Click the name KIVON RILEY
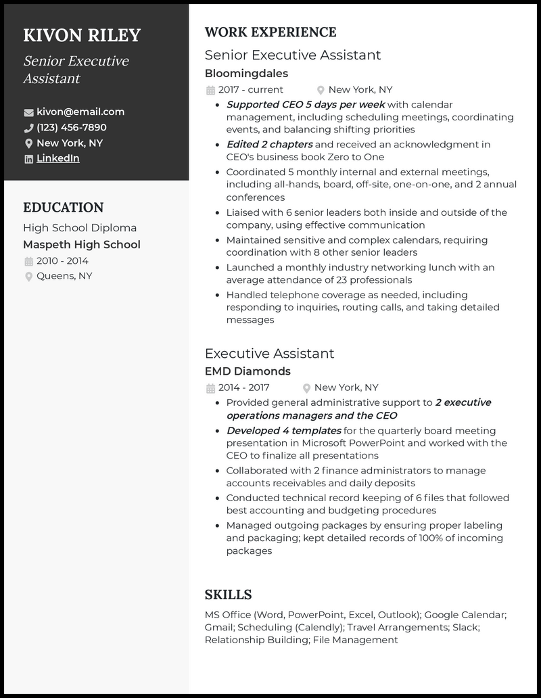[x=82, y=35]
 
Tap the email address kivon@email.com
[x=80, y=112]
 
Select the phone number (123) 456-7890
[x=72, y=127]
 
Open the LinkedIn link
[x=57, y=158]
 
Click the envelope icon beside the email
[x=28, y=112]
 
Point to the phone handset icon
[x=28, y=128]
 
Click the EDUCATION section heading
[x=63, y=208]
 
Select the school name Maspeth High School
[x=82, y=245]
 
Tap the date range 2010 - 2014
[x=62, y=261]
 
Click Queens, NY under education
[x=64, y=276]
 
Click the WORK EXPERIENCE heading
[x=270, y=32]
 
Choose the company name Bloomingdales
[x=246, y=73]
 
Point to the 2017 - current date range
[x=250, y=89]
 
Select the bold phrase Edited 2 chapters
[x=269, y=144]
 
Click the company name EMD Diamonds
[x=248, y=371]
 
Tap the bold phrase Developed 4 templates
[x=283, y=430]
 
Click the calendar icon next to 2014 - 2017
[x=210, y=388]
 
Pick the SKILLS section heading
[x=228, y=595]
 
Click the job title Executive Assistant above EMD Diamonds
[x=269, y=353]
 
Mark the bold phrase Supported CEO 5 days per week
[x=305, y=104]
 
